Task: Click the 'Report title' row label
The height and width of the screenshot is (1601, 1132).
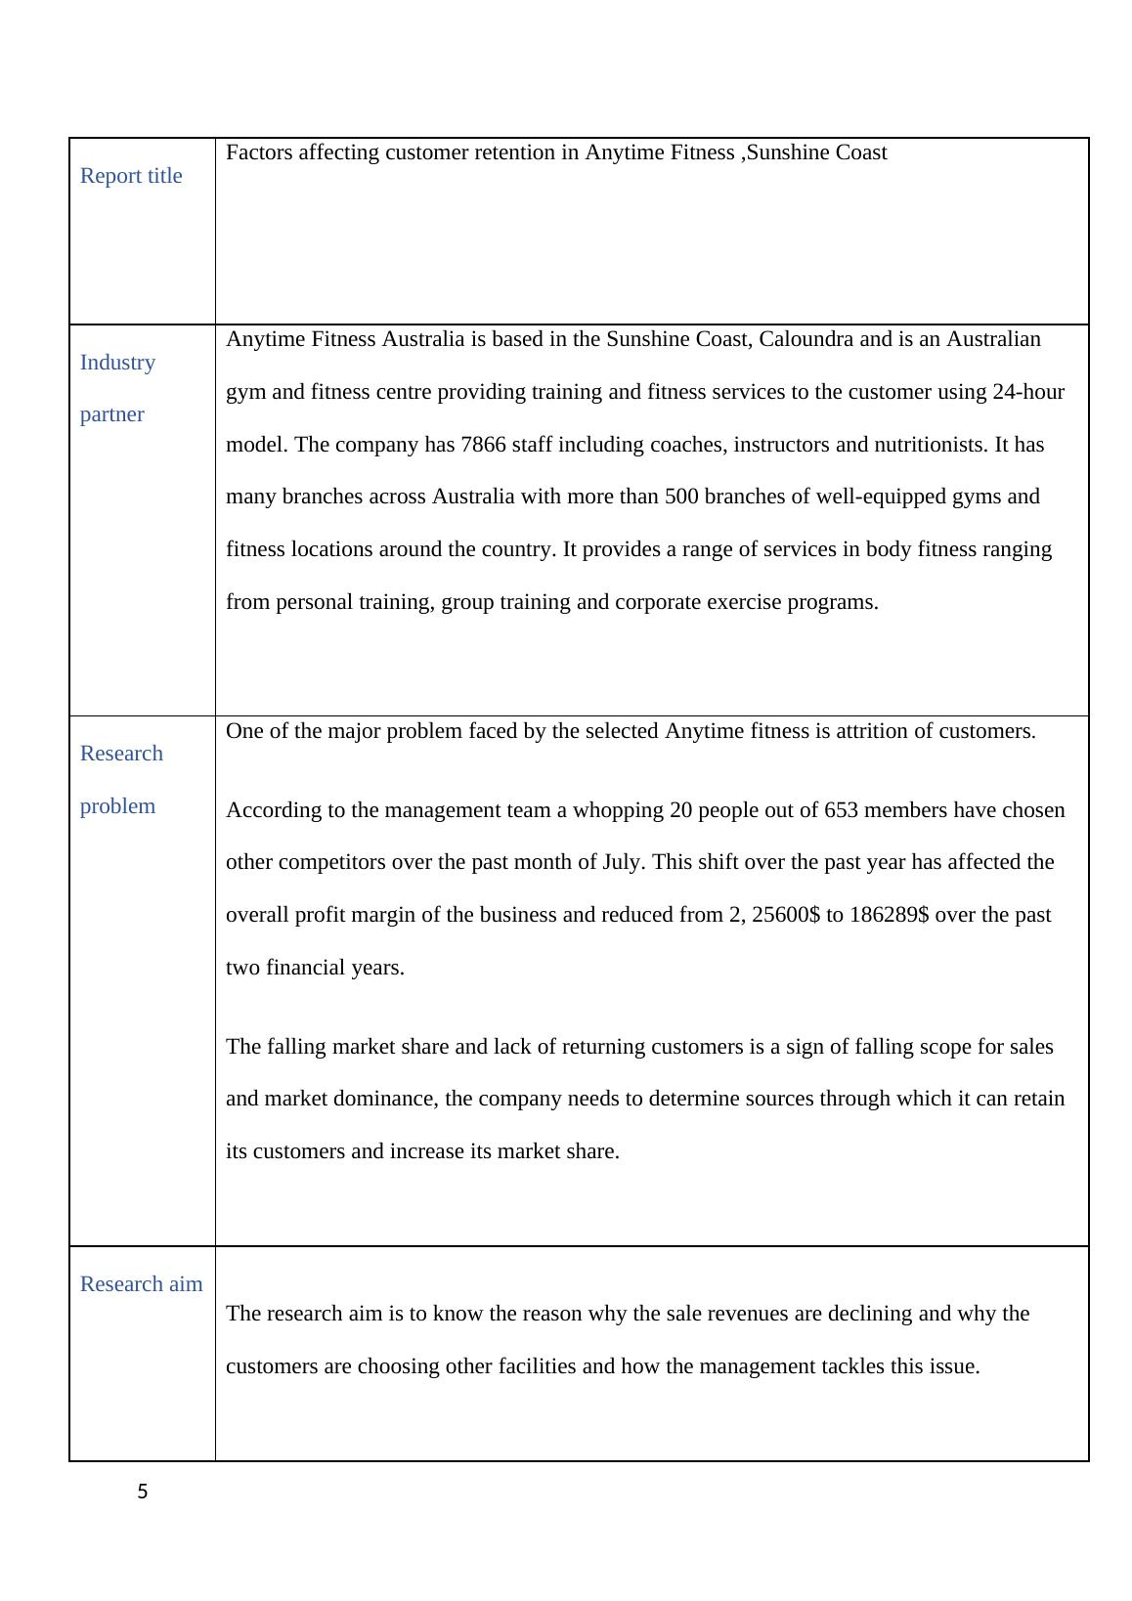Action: (131, 176)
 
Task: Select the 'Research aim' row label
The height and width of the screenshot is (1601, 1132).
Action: (141, 1284)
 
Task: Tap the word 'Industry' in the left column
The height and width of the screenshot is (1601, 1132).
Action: (117, 363)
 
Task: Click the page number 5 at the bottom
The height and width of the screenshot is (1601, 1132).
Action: (143, 1492)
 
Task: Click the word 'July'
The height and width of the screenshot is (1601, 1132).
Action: (624, 862)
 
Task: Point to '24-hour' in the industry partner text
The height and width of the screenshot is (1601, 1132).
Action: (1028, 392)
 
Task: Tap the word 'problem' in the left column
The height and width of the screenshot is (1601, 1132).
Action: (117, 806)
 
